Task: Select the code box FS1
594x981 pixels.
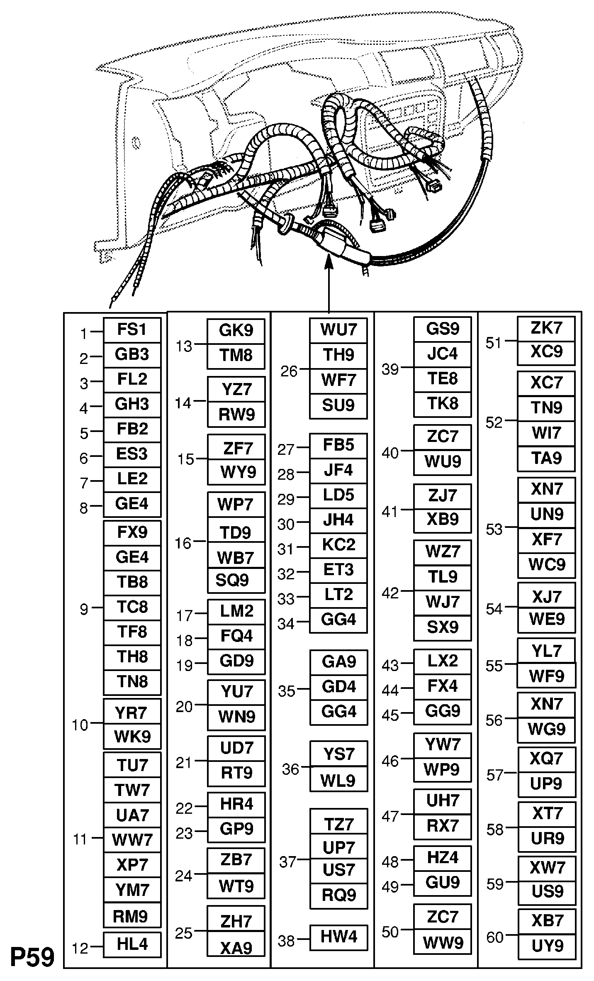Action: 132,330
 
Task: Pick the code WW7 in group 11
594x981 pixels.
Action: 132,840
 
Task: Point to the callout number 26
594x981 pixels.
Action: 289,371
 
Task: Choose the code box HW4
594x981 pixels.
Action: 338,937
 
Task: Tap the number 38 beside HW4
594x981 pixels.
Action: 286,941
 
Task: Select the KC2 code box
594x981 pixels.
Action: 338,544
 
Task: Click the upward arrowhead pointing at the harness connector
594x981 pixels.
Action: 329,261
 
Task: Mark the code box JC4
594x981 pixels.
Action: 443,354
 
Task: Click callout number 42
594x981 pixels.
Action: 390,593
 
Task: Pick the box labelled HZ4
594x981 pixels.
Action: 443,857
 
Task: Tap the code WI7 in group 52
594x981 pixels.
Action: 546,433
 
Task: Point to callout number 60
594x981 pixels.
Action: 495,937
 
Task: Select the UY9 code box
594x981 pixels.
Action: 547,946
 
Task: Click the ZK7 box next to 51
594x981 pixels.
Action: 546,328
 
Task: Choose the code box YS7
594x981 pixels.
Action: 338,754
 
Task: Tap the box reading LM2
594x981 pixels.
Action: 236,611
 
